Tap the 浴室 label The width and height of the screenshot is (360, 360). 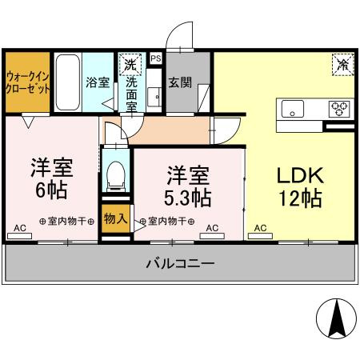(98, 82)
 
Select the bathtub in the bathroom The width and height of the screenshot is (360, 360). (67, 83)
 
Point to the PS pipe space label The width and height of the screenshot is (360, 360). (155, 58)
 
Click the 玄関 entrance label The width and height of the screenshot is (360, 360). (178, 82)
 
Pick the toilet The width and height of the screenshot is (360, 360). (117, 174)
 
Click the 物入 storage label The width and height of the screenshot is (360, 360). (115, 218)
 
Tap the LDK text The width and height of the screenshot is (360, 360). (300, 174)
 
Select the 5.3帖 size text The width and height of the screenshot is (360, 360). (189, 196)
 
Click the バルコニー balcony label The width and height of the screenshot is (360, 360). (180, 263)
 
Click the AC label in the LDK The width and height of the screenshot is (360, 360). (260, 228)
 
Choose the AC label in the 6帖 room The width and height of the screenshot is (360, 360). (20, 228)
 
